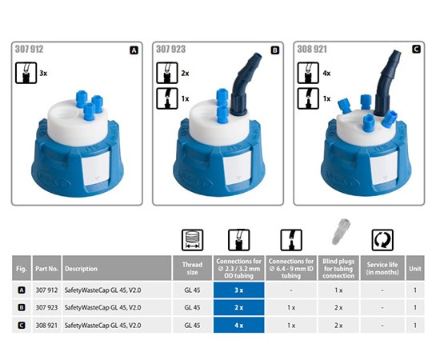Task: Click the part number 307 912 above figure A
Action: [x=30, y=49]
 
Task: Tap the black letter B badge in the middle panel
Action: [x=275, y=50]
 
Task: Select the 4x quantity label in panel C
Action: [x=326, y=74]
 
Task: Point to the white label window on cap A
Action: [x=96, y=167]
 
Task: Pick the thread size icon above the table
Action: [x=192, y=240]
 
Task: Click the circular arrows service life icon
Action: [x=382, y=240]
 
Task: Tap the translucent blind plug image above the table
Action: [x=340, y=232]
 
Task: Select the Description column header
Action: [x=81, y=269]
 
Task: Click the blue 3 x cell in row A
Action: [x=239, y=290]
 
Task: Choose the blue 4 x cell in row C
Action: [x=239, y=326]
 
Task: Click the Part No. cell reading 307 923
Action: [x=46, y=307]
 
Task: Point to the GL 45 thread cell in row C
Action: [x=192, y=326]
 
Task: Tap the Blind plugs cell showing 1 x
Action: [x=338, y=290]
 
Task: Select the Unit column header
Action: [x=415, y=269]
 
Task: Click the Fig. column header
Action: [x=22, y=269]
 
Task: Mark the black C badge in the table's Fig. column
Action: [x=22, y=326]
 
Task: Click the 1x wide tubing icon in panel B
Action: [x=167, y=98]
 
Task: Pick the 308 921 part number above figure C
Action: [x=312, y=49]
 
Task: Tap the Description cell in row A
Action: [x=102, y=290]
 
